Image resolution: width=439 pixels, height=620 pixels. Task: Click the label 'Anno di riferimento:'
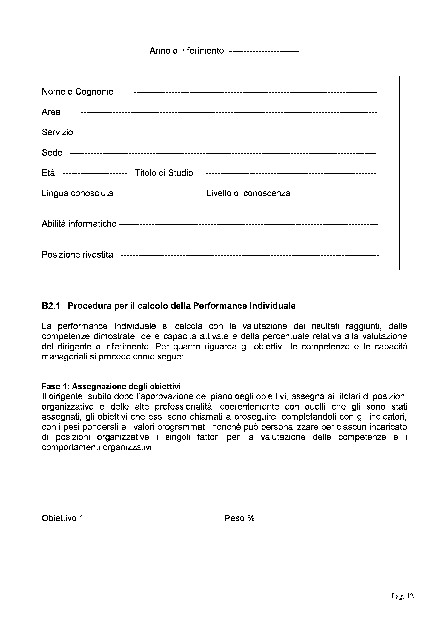click(x=188, y=51)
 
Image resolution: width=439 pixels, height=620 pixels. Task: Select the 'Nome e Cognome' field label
click(x=78, y=92)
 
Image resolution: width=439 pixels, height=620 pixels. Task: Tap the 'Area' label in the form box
click(x=51, y=112)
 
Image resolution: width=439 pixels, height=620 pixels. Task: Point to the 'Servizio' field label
click(x=57, y=132)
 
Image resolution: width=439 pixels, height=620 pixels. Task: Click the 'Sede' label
click(x=52, y=153)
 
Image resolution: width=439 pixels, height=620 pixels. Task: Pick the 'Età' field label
click(x=48, y=173)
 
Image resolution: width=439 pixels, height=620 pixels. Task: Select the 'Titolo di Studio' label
click(x=164, y=173)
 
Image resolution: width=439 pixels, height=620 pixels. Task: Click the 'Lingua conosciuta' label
click(x=77, y=193)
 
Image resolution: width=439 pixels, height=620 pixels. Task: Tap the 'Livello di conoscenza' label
click(x=248, y=193)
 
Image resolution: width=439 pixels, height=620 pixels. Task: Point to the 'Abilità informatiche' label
click(x=79, y=224)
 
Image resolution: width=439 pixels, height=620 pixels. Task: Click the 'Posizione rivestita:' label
click(x=78, y=255)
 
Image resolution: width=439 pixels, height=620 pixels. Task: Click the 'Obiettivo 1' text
click(x=62, y=518)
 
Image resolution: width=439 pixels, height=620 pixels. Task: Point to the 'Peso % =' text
click(x=243, y=518)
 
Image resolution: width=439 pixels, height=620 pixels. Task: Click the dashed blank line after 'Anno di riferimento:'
click(x=264, y=51)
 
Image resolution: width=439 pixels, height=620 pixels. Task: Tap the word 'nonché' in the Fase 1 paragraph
click(x=226, y=427)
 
